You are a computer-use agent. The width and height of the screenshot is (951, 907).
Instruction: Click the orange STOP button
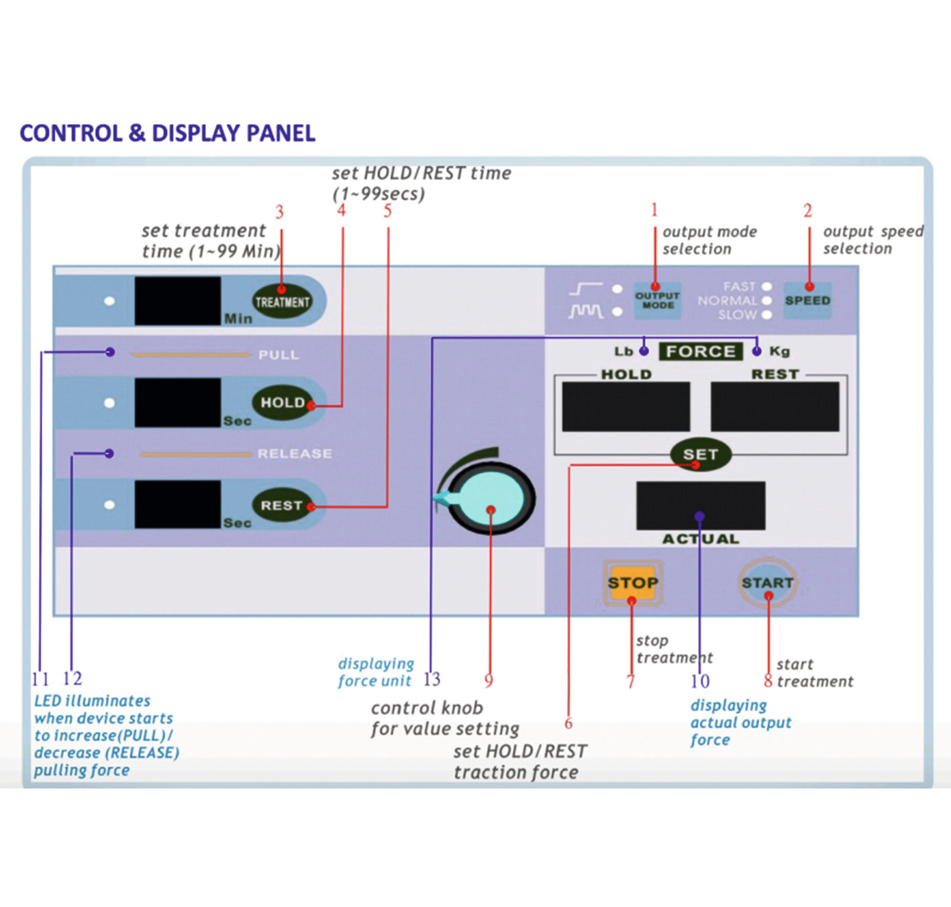click(x=632, y=583)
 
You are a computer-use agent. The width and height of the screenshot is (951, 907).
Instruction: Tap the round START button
click(x=768, y=582)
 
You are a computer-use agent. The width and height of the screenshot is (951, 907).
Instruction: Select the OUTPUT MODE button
click(x=658, y=301)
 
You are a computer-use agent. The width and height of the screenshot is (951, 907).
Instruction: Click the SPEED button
click(x=807, y=301)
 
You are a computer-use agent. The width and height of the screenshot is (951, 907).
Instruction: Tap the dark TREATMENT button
click(x=282, y=302)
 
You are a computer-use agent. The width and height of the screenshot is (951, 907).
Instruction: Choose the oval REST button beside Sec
click(x=283, y=505)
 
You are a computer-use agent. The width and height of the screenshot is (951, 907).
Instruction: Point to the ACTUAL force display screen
click(x=700, y=505)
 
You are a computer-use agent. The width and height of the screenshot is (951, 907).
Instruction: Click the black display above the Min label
click(x=178, y=301)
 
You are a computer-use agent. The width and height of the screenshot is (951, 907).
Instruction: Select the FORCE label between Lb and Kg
click(x=700, y=351)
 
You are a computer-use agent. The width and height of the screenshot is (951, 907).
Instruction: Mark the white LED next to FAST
click(x=767, y=286)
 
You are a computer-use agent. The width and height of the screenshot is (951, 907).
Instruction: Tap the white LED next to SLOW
click(x=767, y=315)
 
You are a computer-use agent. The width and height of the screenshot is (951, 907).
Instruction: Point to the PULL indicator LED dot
click(x=110, y=352)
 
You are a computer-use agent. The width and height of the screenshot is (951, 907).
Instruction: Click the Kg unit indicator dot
click(x=757, y=351)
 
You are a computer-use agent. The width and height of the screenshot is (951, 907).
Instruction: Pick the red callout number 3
click(x=279, y=213)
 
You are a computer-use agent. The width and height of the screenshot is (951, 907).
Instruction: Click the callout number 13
click(x=432, y=680)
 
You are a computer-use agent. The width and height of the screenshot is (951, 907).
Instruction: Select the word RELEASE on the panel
click(x=295, y=453)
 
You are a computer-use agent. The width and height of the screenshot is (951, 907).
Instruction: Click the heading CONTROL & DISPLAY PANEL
click(x=167, y=133)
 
